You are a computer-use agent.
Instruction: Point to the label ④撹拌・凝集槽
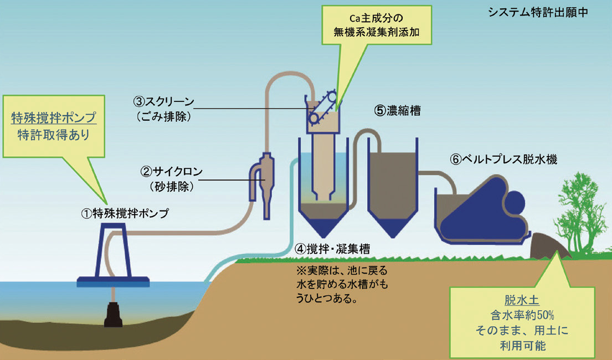tap(333, 249)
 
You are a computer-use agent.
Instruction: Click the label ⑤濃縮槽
tap(397, 110)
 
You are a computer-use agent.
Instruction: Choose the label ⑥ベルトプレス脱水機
tap(503, 159)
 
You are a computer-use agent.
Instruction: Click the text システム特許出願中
tap(536, 12)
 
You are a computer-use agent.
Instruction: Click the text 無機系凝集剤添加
tap(374, 33)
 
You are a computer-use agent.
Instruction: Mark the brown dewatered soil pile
tap(548, 246)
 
